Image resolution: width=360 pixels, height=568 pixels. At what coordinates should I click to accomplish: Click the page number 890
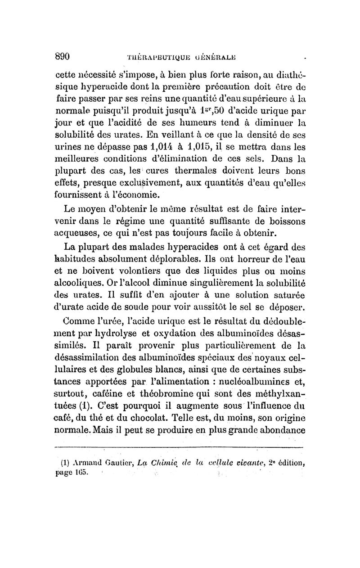[x=64, y=57]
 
